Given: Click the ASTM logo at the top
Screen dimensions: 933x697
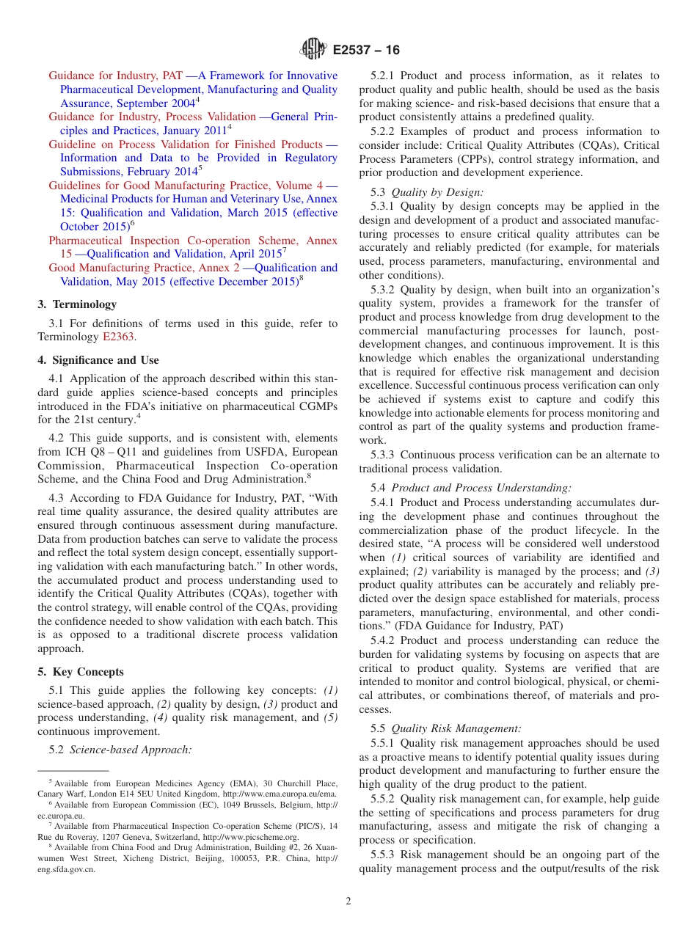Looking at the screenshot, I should tap(313, 50).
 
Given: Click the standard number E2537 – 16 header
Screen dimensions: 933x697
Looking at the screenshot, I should tap(366, 51).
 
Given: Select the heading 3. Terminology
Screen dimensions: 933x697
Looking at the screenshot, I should tap(77, 304).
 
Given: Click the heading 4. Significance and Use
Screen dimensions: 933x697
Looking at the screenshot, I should tap(98, 360).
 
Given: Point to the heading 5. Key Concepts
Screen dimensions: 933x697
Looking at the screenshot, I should tap(81, 672).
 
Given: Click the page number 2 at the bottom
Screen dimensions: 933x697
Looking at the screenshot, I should tap(348, 901).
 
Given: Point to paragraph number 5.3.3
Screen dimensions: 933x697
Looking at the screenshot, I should tap(384, 455).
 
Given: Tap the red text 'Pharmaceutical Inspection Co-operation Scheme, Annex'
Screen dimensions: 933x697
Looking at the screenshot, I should tap(193, 241).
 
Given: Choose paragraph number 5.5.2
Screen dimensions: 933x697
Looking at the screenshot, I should tap(384, 799).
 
